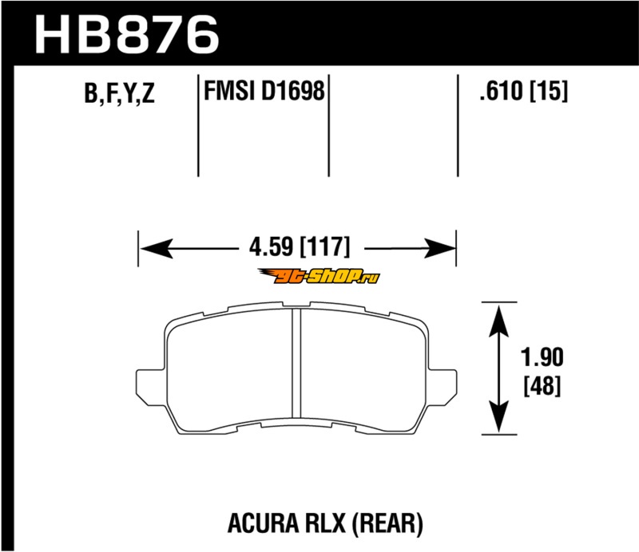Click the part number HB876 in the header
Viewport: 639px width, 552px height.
(x=128, y=35)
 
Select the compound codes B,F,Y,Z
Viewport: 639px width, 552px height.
(x=119, y=93)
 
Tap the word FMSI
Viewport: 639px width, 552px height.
(x=228, y=90)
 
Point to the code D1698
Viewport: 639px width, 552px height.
(x=292, y=90)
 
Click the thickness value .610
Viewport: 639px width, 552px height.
(x=501, y=90)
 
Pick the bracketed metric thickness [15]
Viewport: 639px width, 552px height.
(x=548, y=90)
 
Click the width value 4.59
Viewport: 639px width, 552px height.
(x=271, y=246)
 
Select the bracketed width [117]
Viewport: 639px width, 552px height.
(x=325, y=246)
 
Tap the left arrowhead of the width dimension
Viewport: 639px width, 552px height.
(x=156, y=248)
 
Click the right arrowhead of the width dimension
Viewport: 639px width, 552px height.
(x=439, y=248)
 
